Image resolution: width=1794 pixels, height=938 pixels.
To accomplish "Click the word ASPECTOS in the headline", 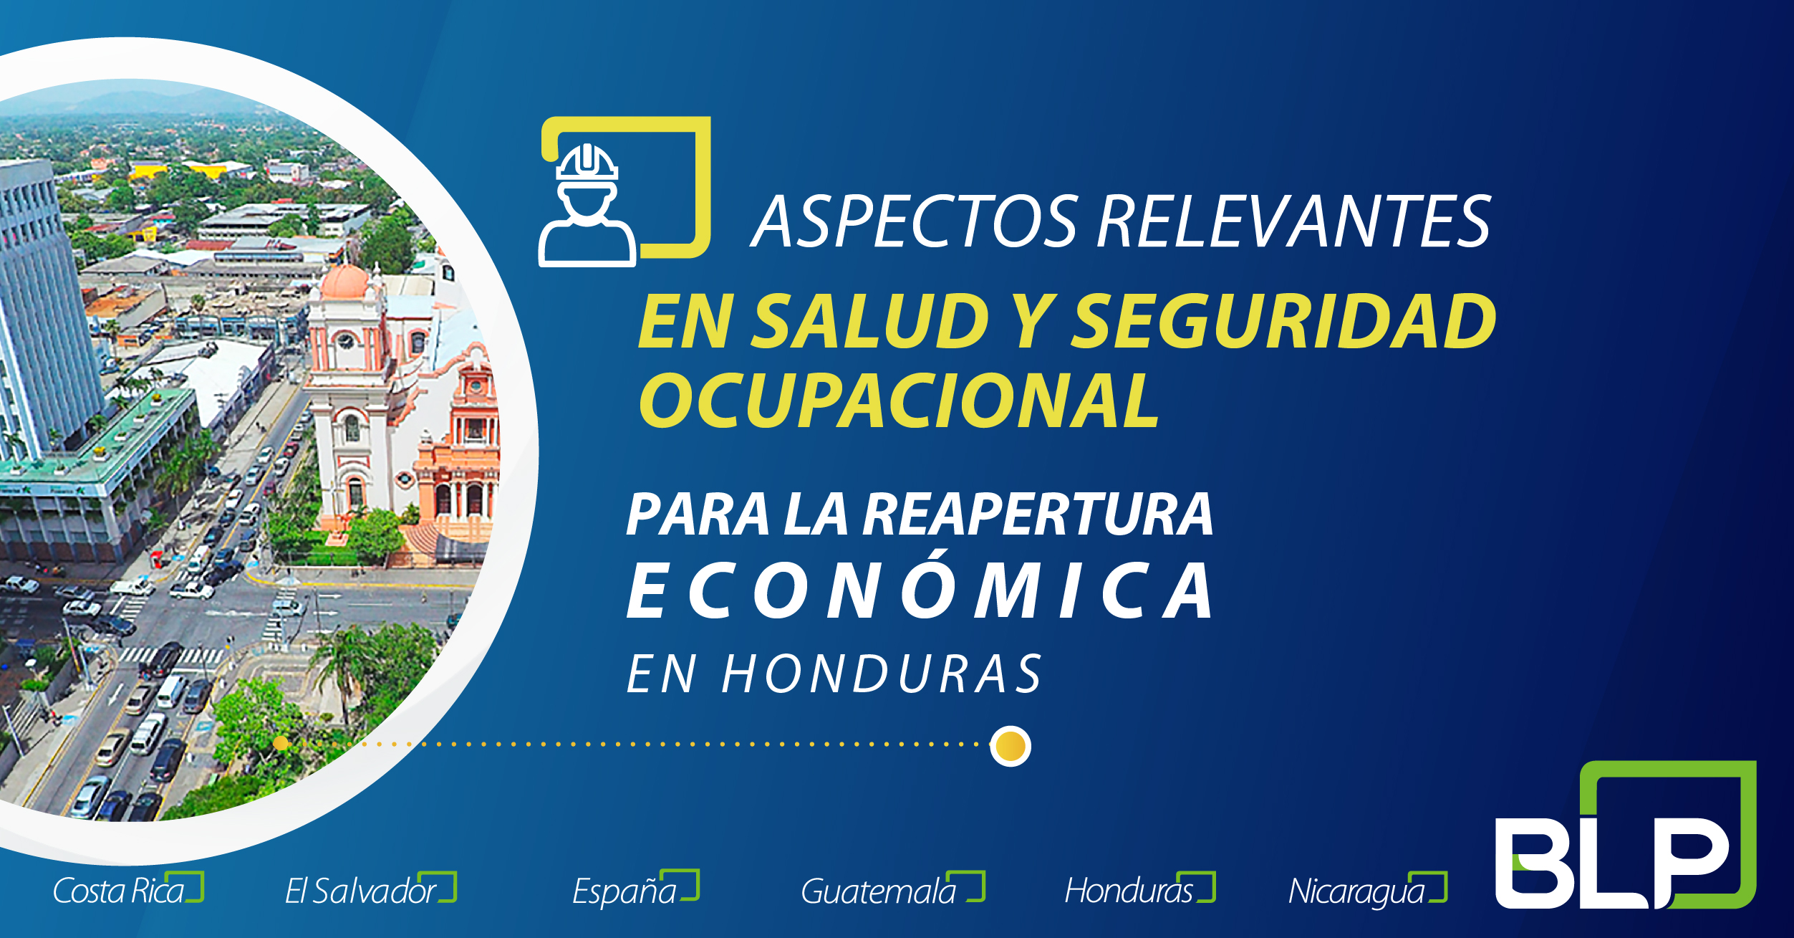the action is click(x=915, y=222).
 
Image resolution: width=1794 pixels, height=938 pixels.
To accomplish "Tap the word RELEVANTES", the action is click(x=1293, y=222).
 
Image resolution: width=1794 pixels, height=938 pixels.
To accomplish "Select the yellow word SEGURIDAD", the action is click(x=1285, y=321).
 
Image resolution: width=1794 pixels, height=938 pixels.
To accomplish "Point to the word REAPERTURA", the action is click(x=1038, y=515).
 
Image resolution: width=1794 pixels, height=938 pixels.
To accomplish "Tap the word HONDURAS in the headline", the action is click(x=882, y=674).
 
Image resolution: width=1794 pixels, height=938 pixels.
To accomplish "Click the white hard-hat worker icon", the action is click(x=587, y=205).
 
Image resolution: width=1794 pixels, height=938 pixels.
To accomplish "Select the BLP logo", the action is click(x=1626, y=835).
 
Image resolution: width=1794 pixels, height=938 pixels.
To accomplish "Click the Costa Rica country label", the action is click(x=127, y=889).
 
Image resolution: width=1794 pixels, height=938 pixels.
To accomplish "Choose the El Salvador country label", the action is click(x=370, y=889).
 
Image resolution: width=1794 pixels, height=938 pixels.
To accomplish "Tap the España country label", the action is click(x=635, y=889).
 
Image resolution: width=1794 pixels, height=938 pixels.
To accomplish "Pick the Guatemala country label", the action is click(x=892, y=889).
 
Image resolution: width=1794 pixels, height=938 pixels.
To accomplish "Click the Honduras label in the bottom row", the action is click(x=1139, y=889).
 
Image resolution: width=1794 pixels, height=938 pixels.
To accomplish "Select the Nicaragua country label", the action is click(x=1367, y=891).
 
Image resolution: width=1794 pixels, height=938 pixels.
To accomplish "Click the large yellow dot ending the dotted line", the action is click(x=1011, y=746).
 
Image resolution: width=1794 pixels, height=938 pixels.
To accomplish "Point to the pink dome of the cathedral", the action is click(x=344, y=282).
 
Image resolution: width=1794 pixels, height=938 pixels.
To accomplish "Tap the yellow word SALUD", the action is click(x=872, y=321).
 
